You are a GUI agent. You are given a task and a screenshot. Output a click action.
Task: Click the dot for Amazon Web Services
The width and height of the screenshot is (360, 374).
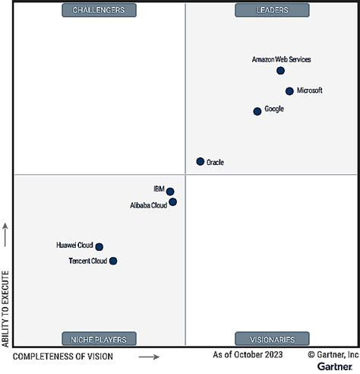[x=280, y=71]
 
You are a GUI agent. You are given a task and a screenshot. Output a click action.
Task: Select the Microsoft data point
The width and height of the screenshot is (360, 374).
[x=289, y=91]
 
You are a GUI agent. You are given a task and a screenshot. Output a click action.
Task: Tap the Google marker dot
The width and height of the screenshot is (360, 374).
[x=257, y=111]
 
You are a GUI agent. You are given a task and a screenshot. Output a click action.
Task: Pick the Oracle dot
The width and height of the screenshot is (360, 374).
[x=201, y=161]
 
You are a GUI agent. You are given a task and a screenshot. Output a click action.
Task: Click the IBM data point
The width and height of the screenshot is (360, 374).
[x=170, y=192]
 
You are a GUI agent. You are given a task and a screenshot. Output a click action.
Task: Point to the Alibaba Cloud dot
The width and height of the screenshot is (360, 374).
[x=173, y=202]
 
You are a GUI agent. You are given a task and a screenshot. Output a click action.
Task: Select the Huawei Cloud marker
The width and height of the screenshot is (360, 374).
[x=99, y=246]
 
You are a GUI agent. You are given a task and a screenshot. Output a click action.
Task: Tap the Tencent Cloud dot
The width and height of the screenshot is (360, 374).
[x=113, y=261]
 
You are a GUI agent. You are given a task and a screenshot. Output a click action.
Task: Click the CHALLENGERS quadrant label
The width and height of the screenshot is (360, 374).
[x=99, y=10]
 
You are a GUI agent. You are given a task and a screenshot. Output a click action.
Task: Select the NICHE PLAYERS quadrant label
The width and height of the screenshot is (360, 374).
[x=99, y=338]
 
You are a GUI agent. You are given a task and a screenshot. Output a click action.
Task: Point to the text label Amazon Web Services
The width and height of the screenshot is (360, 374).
[x=281, y=59]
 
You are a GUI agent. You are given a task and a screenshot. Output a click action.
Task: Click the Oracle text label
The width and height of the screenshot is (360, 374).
[x=215, y=162]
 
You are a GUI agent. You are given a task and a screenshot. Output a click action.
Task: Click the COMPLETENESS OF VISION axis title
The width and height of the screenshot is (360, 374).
[x=63, y=357]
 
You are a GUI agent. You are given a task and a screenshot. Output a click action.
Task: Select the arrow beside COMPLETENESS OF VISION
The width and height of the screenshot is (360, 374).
[x=149, y=357]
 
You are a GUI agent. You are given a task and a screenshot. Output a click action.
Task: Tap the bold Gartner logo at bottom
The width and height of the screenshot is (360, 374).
[x=334, y=366]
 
